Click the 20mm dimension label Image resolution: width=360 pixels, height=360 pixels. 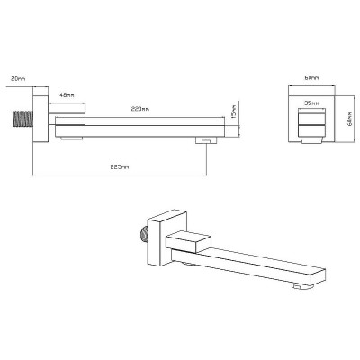(18, 79)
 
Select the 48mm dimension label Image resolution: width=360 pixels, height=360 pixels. (67, 95)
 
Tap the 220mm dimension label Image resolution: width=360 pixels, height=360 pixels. (140, 109)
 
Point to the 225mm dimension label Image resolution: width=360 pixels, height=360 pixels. (120, 167)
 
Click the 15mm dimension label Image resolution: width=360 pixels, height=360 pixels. (234, 112)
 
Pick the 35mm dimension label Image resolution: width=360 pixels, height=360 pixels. (311, 103)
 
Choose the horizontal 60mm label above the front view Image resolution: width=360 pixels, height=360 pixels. (311, 78)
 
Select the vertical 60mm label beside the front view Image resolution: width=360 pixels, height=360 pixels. (350, 119)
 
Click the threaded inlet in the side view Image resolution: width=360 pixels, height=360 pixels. (22, 119)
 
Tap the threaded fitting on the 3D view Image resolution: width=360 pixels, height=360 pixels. (145, 234)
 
